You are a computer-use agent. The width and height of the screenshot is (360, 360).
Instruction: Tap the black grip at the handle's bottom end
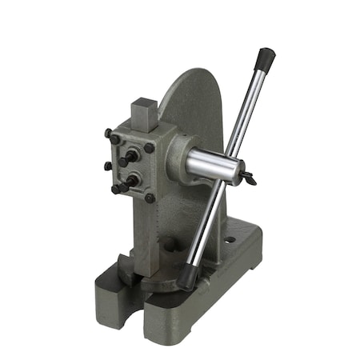point(188,277)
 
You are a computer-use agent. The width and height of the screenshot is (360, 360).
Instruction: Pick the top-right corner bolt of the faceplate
point(149,148)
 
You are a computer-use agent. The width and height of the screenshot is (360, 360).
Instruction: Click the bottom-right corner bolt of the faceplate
point(150,198)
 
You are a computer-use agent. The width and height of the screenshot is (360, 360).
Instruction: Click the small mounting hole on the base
point(230,238)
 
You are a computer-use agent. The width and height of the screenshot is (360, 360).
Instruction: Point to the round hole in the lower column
point(167,244)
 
